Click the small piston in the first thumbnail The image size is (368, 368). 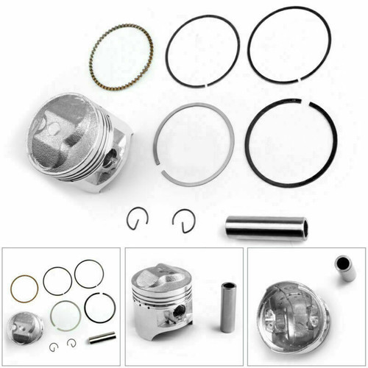[25, 325]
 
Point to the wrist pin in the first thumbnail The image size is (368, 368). [100, 337]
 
